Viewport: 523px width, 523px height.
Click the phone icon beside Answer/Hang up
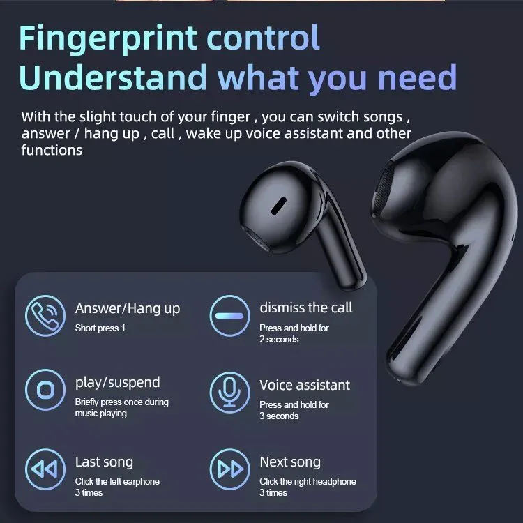pyautogui.click(x=45, y=315)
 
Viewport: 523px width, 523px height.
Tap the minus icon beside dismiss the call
pyautogui.click(x=229, y=315)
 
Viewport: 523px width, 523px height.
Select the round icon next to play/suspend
pyautogui.click(x=45, y=390)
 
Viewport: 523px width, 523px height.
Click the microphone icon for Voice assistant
pyautogui.click(x=229, y=392)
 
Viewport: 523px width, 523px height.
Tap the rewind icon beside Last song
pyautogui.click(x=45, y=469)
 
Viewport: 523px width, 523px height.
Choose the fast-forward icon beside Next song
pyautogui.click(x=229, y=469)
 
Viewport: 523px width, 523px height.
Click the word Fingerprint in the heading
pyautogui.click(x=107, y=39)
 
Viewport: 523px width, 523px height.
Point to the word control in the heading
pyautogui.click(x=264, y=38)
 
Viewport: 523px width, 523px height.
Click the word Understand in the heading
pyautogui.click(x=113, y=77)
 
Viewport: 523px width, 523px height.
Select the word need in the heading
pyautogui.click(x=418, y=77)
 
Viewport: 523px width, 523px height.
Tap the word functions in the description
pyautogui.click(x=52, y=150)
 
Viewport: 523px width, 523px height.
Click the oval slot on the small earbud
pyautogui.click(x=279, y=206)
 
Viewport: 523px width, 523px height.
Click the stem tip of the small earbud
pyautogui.click(x=352, y=282)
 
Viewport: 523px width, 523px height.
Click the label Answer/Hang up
pyautogui.click(x=128, y=308)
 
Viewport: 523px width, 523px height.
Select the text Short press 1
pyautogui.click(x=100, y=328)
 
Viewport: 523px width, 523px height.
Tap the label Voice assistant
pyautogui.click(x=305, y=385)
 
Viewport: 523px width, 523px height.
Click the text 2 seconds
pyautogui.click(x=279, y=339)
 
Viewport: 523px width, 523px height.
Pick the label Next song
pyautogui.click(x=290, y=462)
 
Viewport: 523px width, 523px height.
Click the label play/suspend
pyautogui.click(x=117, y=383)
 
